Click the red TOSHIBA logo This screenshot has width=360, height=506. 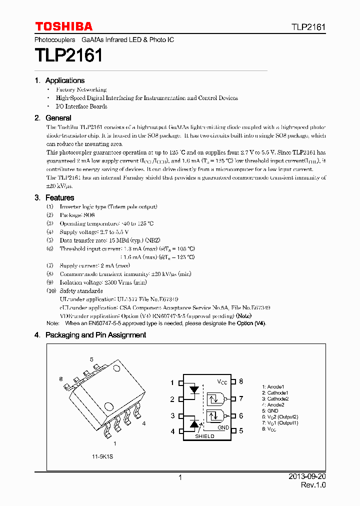[x=63, y=26]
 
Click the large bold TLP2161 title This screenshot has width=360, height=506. [x=68, y=55]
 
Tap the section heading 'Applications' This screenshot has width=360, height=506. [x=64, y=80]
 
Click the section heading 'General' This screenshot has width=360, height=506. [x=58, y=118]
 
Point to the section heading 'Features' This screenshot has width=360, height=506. [x=59, y=198]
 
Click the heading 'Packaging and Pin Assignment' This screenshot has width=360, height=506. [x=95, y=335]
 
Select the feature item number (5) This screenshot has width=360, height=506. [x=50, y=240]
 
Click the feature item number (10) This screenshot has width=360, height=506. [x=51, y=291]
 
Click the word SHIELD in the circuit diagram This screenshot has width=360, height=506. [x=204, y=436]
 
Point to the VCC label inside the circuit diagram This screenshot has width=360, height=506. [x=222, y=382]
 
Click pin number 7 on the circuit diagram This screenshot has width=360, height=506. [x=240, y=398]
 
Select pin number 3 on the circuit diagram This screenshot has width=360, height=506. [x=172, y=415]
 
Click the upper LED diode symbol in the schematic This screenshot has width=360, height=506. [x=194, y=389]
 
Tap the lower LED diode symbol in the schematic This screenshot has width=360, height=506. [x=194, y=424]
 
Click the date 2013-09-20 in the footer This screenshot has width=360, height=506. [x=307, y=477]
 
